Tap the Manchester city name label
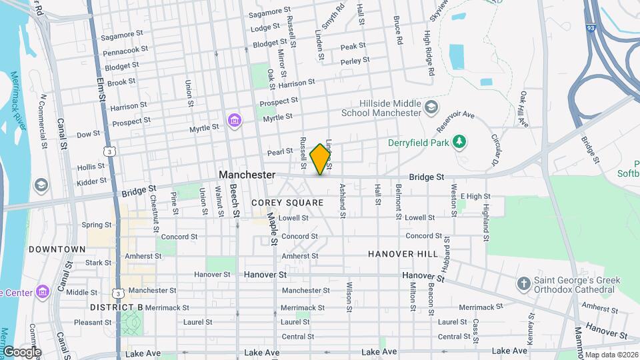point(247,175)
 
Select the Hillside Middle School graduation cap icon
point(431,107)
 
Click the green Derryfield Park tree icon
point(458,141)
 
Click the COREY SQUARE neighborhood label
point(287,203)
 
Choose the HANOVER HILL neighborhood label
point(403,254)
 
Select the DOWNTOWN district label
point(57,249)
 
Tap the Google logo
point(21,352)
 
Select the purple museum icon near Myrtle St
point(234,120)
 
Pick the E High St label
point(475,197)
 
